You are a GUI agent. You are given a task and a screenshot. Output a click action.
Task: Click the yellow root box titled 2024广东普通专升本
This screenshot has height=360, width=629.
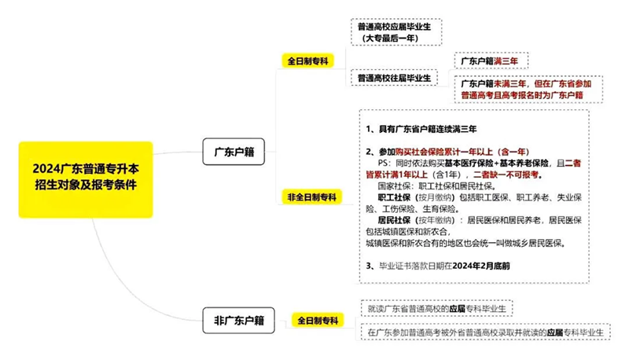(x=85, y=178)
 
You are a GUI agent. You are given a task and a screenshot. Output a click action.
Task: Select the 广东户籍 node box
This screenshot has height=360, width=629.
(x=234, y=149)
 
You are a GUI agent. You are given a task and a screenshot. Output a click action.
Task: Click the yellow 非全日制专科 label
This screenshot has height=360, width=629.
(x=310, y=196)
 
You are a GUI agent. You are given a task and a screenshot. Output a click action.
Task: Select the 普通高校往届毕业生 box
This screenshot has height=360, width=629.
(x=395, y=79)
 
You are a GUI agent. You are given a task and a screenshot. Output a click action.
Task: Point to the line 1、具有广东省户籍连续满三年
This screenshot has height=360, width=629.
(x=421, y=128)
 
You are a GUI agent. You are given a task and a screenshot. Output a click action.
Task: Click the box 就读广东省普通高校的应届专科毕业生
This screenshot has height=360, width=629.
(x=436, y=307)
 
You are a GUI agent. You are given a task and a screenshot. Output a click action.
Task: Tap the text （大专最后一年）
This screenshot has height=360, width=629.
(x=390, y=38)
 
